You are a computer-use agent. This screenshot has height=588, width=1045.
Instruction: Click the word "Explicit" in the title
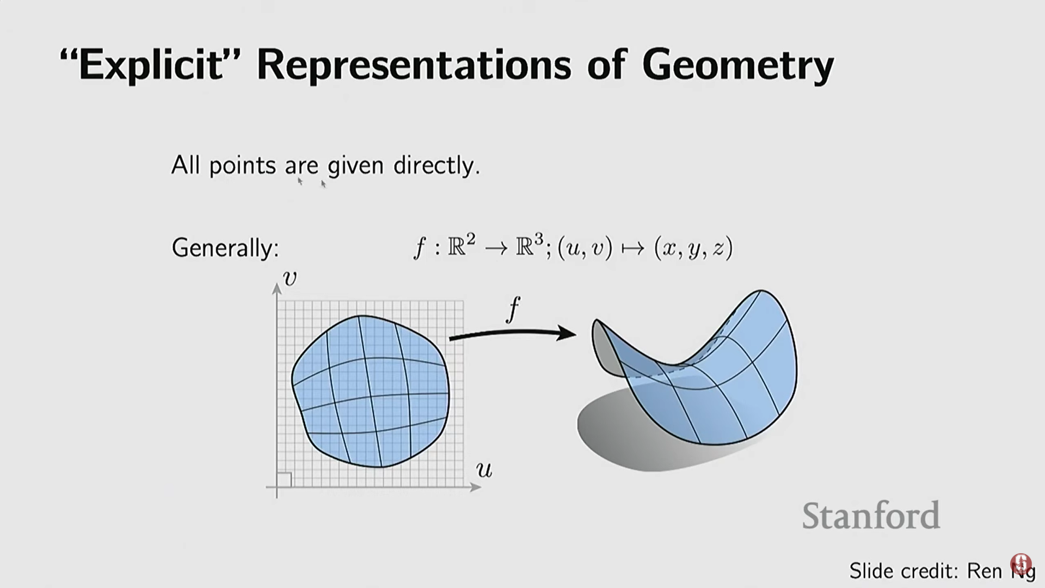[x=150, y=66]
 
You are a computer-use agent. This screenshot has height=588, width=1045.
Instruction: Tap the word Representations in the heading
[x=415, y=66]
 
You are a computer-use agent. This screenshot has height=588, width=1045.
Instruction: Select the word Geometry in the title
[x=737, y=66]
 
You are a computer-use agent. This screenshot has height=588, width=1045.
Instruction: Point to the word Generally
[x=225, y=248]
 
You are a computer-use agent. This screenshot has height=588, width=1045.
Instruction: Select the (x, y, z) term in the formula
[x=693, y=248]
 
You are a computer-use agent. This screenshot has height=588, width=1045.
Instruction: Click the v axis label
[x=290, y=278]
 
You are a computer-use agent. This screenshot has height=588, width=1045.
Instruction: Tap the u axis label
[x=484, y=469]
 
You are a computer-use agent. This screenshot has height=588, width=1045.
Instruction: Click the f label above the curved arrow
[x=513, y=310]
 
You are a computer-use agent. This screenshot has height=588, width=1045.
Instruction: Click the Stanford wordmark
[x=871, y=515]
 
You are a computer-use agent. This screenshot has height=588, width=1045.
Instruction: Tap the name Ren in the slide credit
[x=984, y=571]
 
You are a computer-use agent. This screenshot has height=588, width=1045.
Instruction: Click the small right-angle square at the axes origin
[x=284, y=480]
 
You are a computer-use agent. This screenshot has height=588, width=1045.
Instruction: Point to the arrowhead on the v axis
[x=277, y=289]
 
